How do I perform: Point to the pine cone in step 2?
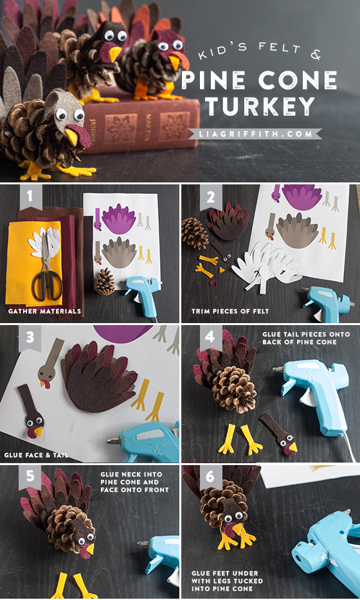[x=195, y=233]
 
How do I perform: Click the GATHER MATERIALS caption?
[x=45, y=312]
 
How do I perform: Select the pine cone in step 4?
[x=235, y=389]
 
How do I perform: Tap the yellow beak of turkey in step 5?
[x=89, y=549]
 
